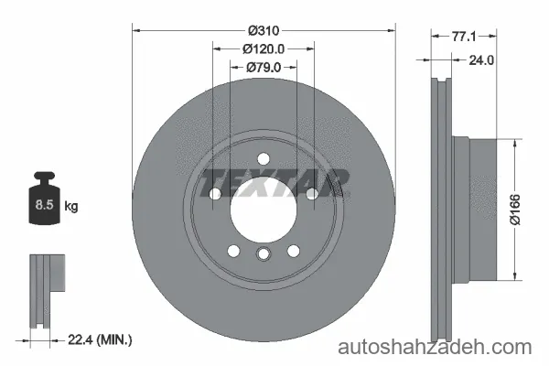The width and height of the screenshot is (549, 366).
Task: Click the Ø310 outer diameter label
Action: [264, 31]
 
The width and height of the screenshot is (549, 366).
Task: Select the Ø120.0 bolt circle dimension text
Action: [264, 49]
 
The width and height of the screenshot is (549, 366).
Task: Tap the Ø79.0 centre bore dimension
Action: [264, 67]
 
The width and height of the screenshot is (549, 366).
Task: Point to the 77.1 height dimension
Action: [464, 36]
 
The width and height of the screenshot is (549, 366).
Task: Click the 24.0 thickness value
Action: [481, 60]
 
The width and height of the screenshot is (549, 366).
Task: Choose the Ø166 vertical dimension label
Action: [515, 210]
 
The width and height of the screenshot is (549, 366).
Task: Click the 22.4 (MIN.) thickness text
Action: [100, 339]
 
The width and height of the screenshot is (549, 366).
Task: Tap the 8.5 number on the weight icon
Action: [44, 205]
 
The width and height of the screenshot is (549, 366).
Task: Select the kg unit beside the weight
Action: [71, 206]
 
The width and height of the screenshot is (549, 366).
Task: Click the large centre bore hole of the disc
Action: [264, 210]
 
